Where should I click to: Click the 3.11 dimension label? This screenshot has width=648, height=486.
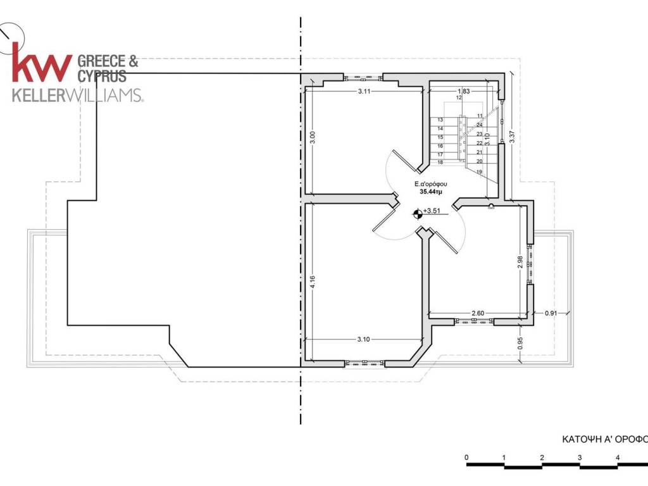pyautogui.click(x=364, y=91)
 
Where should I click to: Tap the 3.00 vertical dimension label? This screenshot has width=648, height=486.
pyautogui.click(x=313, y=137)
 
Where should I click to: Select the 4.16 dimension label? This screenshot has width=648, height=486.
pyautogui.click(x=313, y=282)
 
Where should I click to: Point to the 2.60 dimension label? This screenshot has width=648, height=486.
pyautogui.click(x=478, y=313)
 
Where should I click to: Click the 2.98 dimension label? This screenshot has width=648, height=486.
pyautogui.click(x=520, y=262)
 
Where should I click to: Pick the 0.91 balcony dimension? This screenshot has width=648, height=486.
pyautogui.click(x=551, y=313)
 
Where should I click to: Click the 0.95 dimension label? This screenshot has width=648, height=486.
pyautogui.click(x=520, y=343)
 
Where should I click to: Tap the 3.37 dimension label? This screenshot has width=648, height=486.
pyautogui.click(x=512, y=137)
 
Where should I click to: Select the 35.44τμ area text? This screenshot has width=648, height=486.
pyautogui.click(x=431, y=192)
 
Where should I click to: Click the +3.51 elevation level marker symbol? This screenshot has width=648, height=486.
pyautogui.click(x=418, y=214)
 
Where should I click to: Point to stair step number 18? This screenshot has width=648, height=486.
pyautogui.click(x=440, y=163)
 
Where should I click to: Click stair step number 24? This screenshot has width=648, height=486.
pyautogui.click(x=480, y=125)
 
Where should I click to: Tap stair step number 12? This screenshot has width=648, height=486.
pyautogui.click(x=459, y=98)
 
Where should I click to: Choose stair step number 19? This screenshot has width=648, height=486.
pyautogui.click(x=480, y=172)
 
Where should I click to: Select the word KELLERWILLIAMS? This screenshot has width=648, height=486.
pyautogui.click(x=78, y=95)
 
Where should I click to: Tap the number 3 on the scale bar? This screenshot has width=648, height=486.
pyautogui.click(x=580, y=458)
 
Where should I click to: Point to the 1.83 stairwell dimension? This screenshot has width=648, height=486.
pyautogui.click(x=464, y=91)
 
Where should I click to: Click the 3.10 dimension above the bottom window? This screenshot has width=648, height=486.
pyautogui.click(x=364, y=339)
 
